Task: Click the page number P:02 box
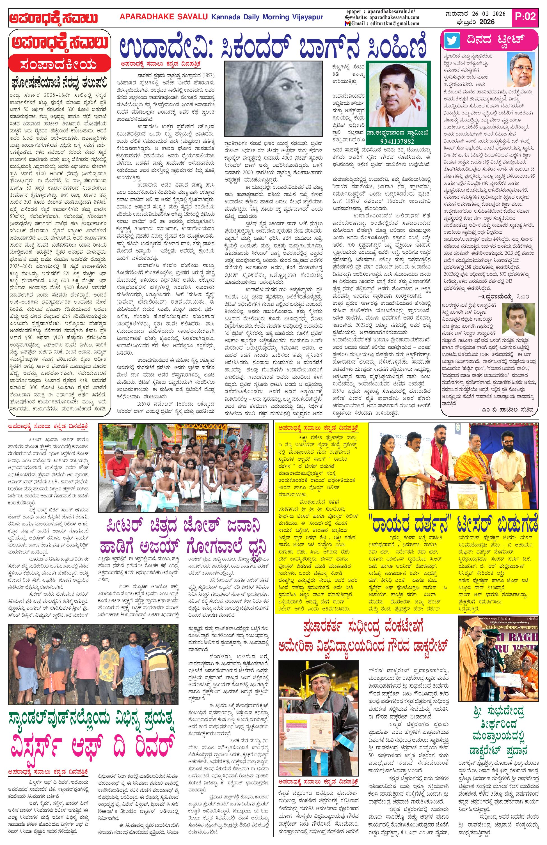tap(525, 16)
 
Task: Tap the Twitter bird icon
tap(452, 40)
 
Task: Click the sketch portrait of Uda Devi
tap(273, 99)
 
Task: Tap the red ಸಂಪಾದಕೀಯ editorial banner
tap(59, 65)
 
